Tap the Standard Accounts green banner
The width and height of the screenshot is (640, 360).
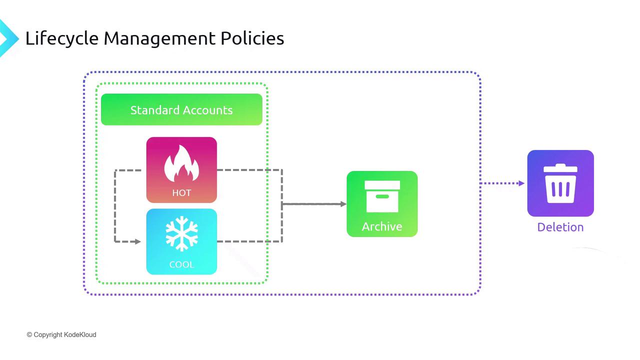click(x=181, y=109)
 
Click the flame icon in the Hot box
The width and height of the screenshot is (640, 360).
click(x=181, y=163)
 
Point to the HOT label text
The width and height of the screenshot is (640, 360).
click(x=181, y=192)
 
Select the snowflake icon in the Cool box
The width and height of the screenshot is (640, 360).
click(x=181, y=233)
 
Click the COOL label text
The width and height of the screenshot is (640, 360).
click(x=181, y=264)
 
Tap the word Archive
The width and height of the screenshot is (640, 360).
click(x=382, y=226)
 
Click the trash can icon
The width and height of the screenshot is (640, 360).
click(x=560, y=183)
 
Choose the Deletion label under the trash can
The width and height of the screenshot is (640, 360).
click(x=560, y=227)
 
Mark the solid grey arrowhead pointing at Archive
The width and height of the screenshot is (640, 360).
click(x=343, y=204)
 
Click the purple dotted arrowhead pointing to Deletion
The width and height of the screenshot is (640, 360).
click(x=521, y=183)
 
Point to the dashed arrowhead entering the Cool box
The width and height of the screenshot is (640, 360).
click(x=138, y=241)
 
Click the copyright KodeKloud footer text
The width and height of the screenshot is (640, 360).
click(x=61, y=334)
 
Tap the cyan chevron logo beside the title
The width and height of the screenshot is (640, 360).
click(x=7, y=38)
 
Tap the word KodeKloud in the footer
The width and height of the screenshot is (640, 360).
click(x=80, y=334)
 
